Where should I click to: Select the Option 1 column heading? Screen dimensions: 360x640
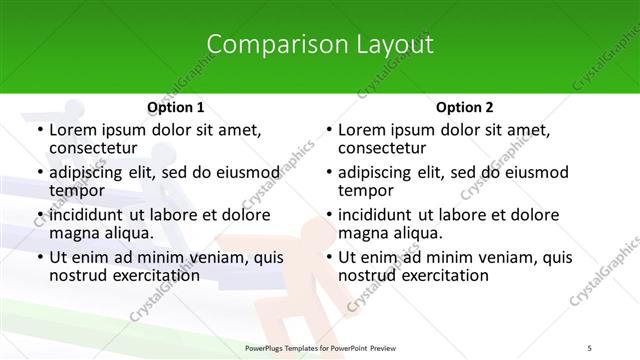point(175,107)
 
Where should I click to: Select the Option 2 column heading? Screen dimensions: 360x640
point(463,107)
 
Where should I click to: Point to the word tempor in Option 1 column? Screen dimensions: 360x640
point(77,191)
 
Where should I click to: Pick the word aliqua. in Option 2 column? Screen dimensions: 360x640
point(414,233)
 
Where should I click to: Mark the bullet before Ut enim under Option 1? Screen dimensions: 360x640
point(38,257)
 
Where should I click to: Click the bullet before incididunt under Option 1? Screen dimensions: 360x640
point(38,215)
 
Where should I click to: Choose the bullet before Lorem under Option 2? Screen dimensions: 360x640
point(327,130)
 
